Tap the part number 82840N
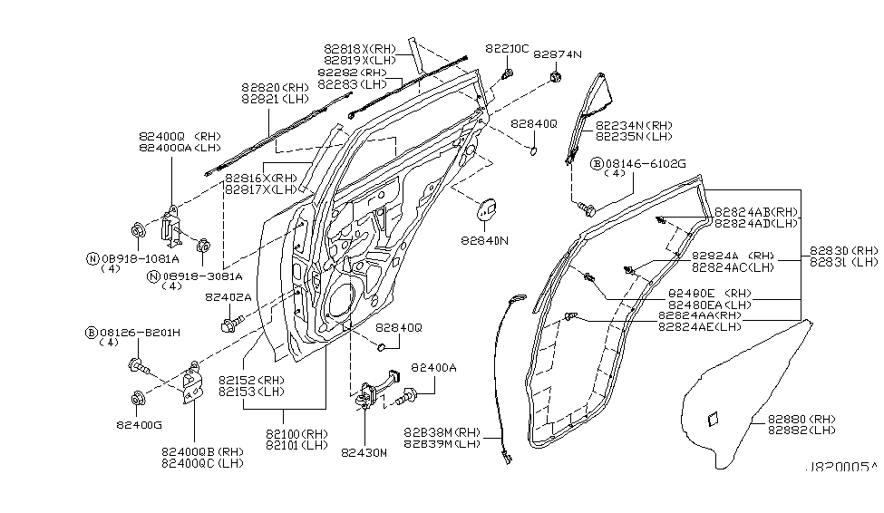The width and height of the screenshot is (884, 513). point(483,241)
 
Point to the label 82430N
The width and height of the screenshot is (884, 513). point(364,453)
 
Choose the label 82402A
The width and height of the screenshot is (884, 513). point(228,296)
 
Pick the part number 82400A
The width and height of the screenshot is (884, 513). point(433,368)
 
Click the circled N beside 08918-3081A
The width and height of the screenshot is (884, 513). point(154,276)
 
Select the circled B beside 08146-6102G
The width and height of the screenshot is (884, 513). point(598,164)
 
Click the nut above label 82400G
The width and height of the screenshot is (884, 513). point(138,396)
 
